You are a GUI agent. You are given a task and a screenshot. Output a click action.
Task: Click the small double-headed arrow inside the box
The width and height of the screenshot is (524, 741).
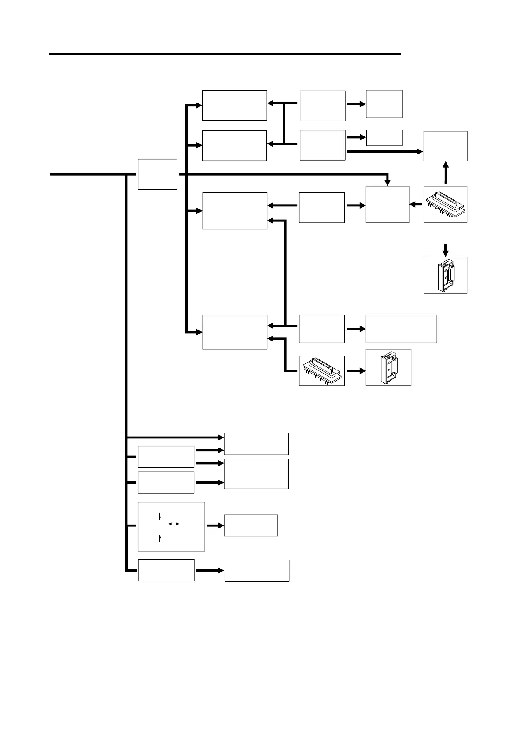pyautogui.click(x=174, y=524)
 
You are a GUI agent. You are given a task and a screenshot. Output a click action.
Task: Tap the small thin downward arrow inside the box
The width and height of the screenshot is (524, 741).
pyautogui.click(x=159, y=516)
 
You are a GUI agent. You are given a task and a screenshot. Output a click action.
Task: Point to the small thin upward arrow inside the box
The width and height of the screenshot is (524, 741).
pyautogui.click(x=159, y=538)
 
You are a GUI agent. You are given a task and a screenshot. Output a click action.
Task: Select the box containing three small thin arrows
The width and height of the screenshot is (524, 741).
pyautogui.click(x=171, y=526)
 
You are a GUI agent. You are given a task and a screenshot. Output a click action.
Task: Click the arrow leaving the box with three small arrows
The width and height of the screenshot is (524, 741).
pyautogui.click(x=215, y=525)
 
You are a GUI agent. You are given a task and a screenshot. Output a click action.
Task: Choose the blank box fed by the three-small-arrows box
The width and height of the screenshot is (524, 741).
pyautogui.click(x=251, y=525)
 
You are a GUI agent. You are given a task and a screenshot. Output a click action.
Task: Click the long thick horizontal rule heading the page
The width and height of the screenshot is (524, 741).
pyautogui.click(x=225, y=54)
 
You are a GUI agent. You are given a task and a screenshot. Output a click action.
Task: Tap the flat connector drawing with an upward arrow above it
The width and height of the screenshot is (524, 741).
pyautogui.click(x=445, y=204)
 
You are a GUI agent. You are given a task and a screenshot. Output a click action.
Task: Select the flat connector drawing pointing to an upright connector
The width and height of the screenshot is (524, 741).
pyautogui.click(x=321, y=370)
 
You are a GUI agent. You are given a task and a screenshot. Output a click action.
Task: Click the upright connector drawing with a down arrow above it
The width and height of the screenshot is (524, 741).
pyautogui.click(x=445, y=275)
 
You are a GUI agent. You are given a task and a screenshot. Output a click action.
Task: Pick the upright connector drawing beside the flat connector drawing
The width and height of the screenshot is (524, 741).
pyautogui.click(x=388, y=367)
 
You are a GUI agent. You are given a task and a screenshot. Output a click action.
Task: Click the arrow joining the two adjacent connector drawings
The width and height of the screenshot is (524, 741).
pyautogui.click(x=356, y=370)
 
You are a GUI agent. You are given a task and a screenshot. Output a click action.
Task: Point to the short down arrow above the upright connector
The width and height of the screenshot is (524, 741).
pyautogui.click(x=446, y=250)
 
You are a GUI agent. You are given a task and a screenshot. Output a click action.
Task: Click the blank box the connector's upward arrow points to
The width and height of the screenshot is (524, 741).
pyautogui.click(x=445, y=146)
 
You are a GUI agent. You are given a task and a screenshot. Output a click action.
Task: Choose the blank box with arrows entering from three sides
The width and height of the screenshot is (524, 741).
pyautogui.click(x=387, y=204)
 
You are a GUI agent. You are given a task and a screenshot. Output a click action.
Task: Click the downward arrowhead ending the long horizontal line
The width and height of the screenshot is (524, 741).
pyautogui.click(x=387, y=182)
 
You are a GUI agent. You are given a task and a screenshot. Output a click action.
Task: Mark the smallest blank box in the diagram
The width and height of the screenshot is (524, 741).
pyautogui.click(x=384, y=137)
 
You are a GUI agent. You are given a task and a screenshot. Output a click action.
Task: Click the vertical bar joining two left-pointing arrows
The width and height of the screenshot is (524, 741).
pyautogui.click(x=284, y=123)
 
